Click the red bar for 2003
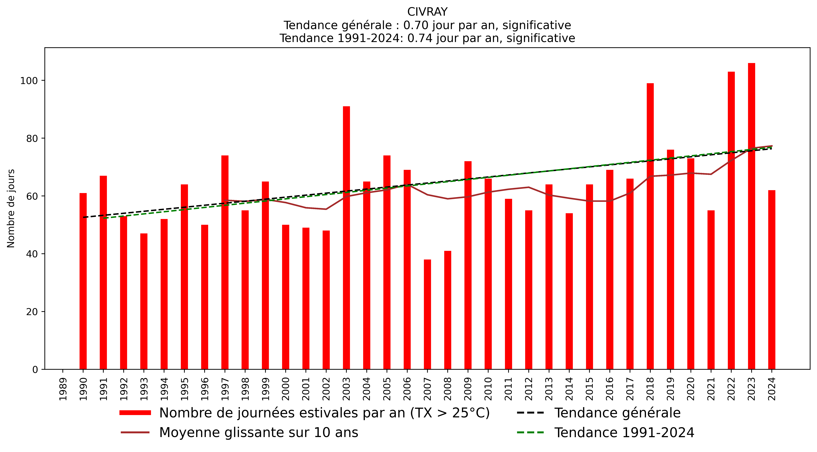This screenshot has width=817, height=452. coord(346,238)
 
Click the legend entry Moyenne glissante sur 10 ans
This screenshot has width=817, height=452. coord(258,432)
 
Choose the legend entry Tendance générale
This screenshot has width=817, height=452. coord(617,413)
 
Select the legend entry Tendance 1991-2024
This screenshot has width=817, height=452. coord(624,432)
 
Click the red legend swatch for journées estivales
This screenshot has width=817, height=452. coord(135,413)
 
